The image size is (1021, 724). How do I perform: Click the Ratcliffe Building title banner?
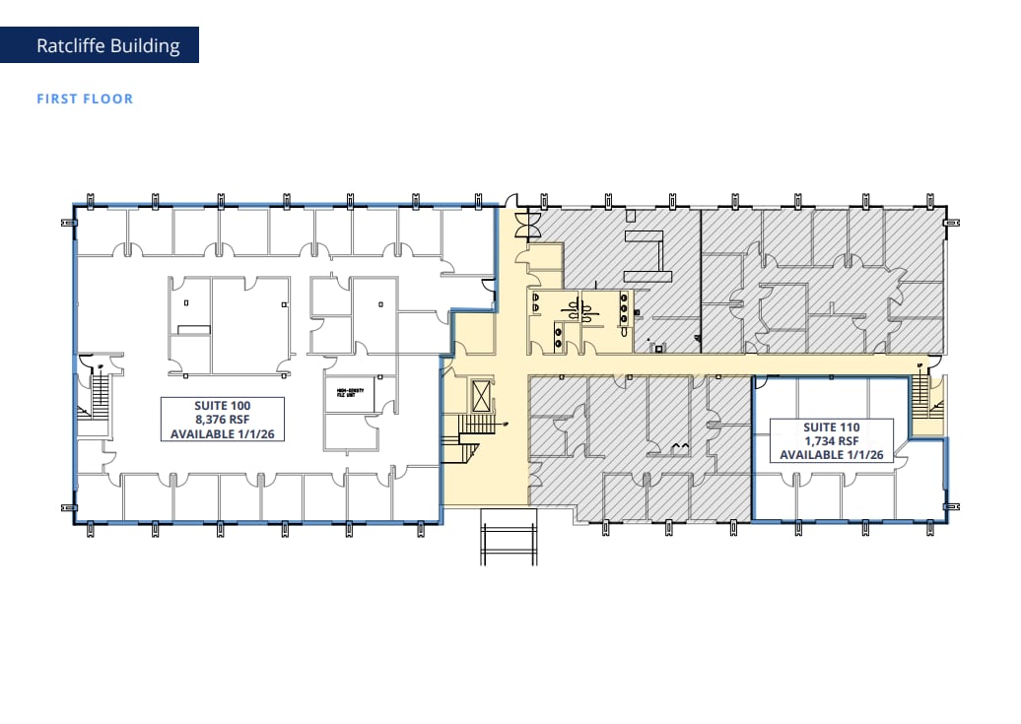point(108,45)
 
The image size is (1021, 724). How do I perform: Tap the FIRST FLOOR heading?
point(85,99)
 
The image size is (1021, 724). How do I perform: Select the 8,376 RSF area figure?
point(223,420)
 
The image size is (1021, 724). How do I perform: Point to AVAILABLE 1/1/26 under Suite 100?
point(223,433)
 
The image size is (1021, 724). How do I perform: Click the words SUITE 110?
point(832,428)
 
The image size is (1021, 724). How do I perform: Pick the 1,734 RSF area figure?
point(832,441)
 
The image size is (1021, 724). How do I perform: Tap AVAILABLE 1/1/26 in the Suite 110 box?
point(832,455)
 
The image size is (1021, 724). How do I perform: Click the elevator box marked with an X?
point(481,398)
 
